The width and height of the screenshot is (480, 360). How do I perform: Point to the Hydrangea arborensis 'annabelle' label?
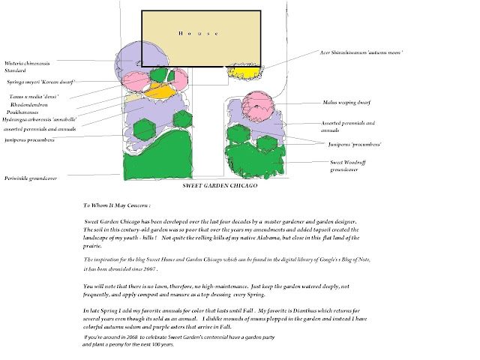click(x=41, y=119)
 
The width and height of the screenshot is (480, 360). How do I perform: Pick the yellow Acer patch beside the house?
click(x=244, y=73)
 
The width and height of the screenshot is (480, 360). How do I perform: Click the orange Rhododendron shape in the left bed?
click(x=160, y=92)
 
